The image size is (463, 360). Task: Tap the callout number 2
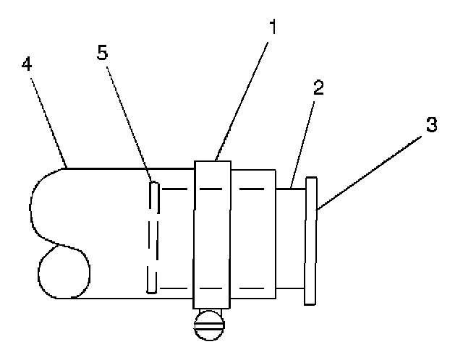(317, 90)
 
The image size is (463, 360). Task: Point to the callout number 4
(27, 65)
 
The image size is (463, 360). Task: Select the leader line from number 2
(302, 142)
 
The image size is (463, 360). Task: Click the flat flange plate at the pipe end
(311, 241)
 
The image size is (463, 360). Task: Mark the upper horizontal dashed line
(217, 189)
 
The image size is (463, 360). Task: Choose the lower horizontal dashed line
(217, 291)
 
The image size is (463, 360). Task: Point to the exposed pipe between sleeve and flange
(292, 239)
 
